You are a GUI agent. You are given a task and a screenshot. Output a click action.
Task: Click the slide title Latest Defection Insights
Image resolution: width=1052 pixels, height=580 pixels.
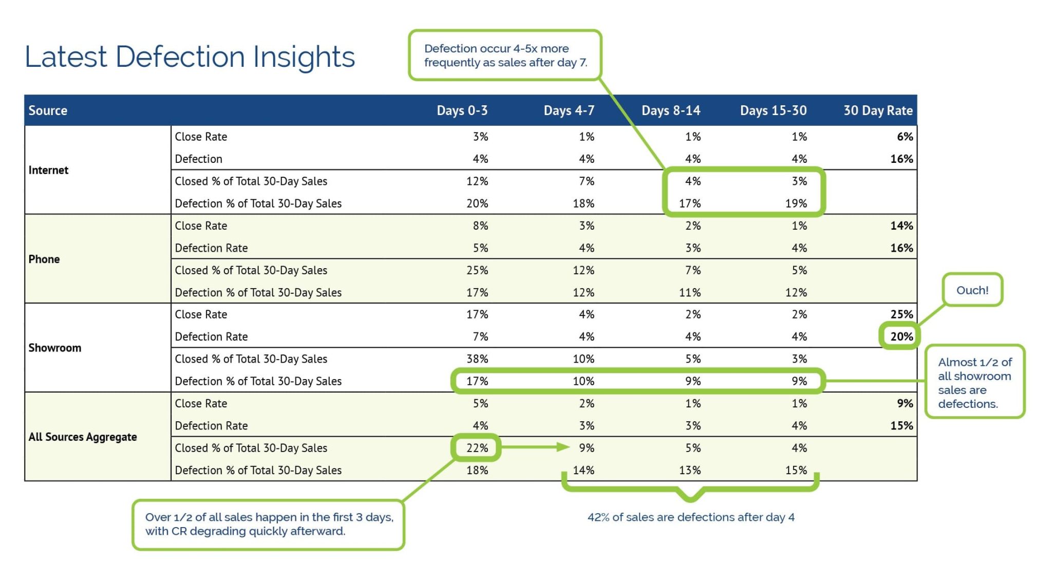[190, 57]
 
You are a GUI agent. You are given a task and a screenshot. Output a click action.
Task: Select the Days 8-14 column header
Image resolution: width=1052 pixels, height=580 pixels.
[670, 110]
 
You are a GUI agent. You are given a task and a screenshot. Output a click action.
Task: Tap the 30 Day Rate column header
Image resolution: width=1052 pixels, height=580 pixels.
[877, 110]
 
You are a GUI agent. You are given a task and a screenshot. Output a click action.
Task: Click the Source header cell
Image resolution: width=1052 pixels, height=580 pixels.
[48, 110]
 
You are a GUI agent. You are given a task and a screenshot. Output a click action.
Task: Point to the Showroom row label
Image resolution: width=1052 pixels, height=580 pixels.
[55, 348]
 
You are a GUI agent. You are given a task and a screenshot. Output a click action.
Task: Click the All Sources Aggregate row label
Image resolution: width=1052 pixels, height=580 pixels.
[83, 437]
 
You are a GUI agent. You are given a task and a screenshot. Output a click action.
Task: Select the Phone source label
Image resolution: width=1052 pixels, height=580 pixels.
[44, 259]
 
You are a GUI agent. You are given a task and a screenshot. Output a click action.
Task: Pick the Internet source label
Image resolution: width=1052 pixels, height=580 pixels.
[48, 170]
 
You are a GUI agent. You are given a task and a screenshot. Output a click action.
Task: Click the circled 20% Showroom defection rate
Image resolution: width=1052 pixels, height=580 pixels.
[901, 336]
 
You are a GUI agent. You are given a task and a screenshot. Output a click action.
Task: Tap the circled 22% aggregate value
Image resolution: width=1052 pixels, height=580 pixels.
[477, 448]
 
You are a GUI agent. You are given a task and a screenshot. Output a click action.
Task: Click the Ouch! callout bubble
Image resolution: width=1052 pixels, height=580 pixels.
[972, 290]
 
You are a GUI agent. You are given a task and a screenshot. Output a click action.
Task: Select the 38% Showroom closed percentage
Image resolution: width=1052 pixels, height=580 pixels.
[477, 359]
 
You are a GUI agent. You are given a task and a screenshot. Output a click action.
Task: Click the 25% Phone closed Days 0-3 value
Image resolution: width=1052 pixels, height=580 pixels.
[477, 270]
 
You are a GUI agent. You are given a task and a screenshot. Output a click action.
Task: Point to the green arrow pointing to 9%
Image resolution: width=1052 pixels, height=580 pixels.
[534, 447]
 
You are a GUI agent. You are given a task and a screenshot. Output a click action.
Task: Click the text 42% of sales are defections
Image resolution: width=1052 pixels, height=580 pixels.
[690, 517]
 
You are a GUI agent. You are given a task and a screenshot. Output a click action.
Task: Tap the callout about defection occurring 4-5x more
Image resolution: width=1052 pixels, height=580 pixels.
[505, 55]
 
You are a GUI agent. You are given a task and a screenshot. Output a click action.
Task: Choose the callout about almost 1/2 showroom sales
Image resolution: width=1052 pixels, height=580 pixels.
[974, 383]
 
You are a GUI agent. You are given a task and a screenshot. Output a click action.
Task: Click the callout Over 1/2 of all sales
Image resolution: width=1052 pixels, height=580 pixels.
[269, 524]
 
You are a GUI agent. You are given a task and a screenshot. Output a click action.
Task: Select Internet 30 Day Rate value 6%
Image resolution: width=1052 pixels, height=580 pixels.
[905, 137]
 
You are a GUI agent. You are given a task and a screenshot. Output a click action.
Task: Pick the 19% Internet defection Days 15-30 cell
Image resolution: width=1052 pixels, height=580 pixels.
[796, 203]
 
